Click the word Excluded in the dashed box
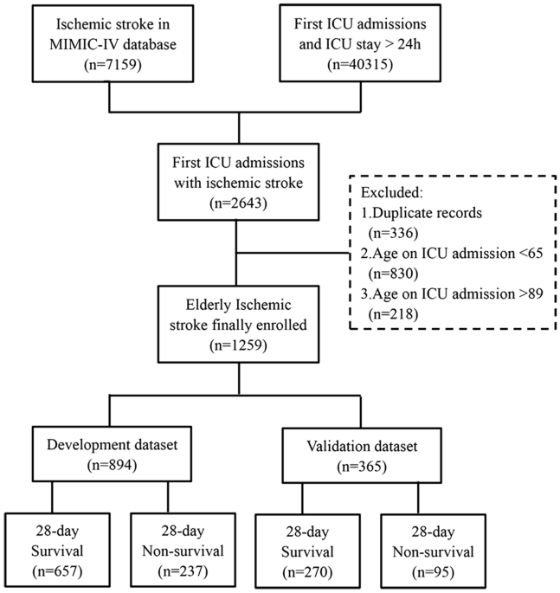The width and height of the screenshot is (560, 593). pyautogui.click(x=390, y=190)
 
